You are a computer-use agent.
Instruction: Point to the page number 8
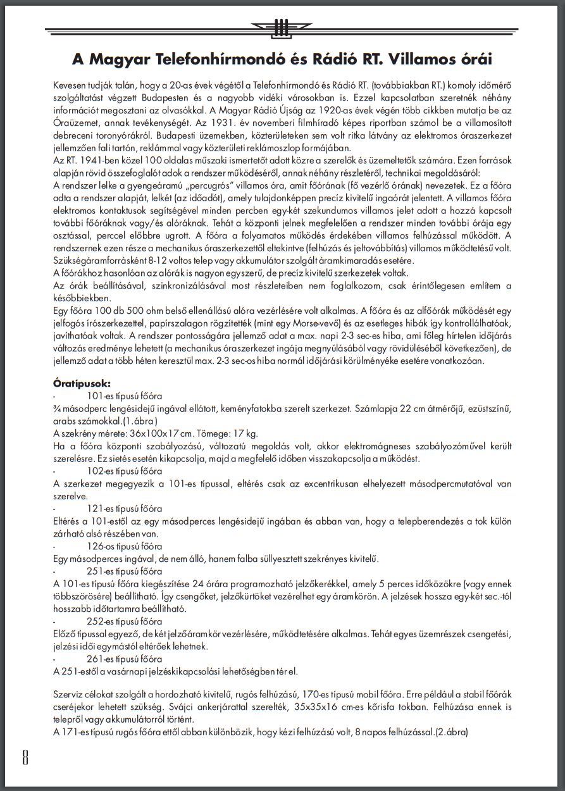pos(25,757)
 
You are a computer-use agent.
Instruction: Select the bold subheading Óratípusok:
pos(82,383)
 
